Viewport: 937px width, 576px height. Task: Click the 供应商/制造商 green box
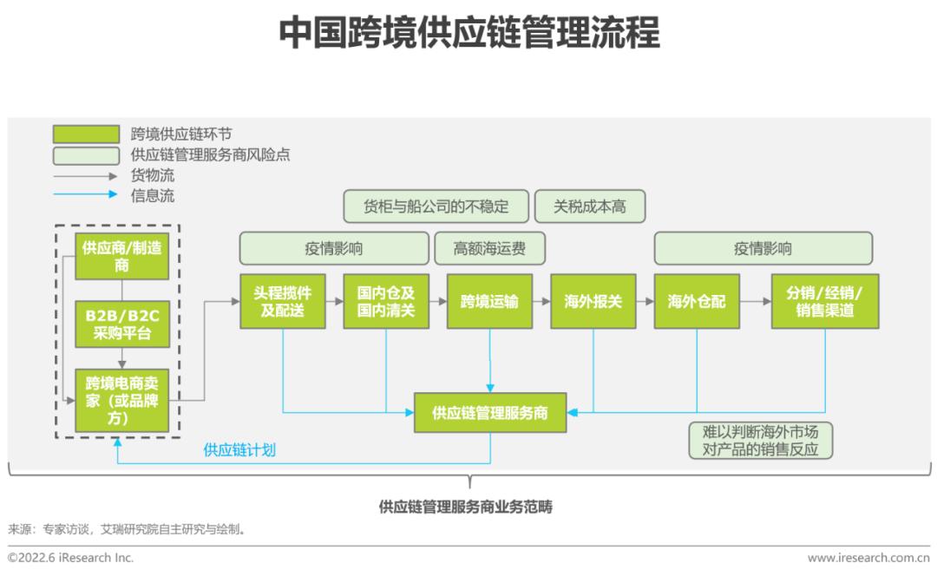pos(121,256)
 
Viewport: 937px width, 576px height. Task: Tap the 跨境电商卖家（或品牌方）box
pos(121,399)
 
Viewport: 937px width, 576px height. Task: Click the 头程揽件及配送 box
pos(283,302)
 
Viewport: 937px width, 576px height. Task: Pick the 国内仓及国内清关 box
pos(386,302)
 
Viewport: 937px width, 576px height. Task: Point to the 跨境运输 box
pos(489,302)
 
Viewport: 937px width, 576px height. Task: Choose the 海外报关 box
pos(593,302)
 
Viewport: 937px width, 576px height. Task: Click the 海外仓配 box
pos(697,302)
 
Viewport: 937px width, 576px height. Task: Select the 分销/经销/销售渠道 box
pos(824,302)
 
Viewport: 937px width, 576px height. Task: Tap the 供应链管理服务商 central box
pos(490,413)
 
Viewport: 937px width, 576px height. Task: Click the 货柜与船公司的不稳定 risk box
pos(436,206)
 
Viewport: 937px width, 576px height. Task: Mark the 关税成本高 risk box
pos(590,206)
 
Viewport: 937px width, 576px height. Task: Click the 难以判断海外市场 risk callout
pos(760,440)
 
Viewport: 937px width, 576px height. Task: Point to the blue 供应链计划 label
pos(239,450)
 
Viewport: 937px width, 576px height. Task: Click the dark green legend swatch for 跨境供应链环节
pos(86,134)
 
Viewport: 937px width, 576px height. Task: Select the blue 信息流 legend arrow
pos(86,194)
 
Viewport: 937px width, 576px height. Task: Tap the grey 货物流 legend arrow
pos(86,175)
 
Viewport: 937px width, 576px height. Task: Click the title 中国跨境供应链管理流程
pos(468,33)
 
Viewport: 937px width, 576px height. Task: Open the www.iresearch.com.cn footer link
pos(868,558)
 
